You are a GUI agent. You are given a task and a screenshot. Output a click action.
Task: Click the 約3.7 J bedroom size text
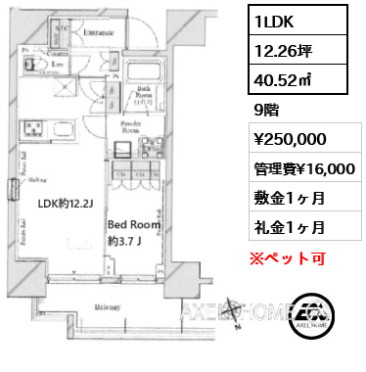coord(128,240)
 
